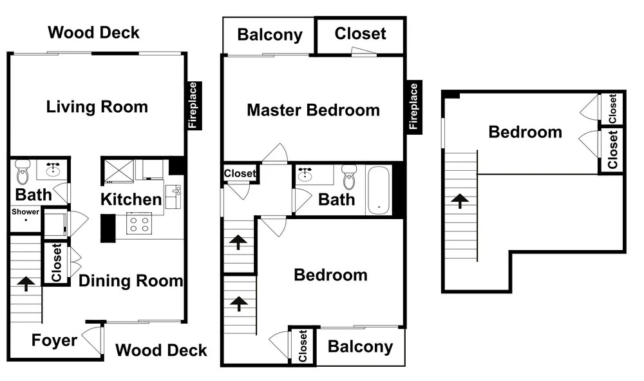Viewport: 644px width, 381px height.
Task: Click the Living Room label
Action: (97, 107)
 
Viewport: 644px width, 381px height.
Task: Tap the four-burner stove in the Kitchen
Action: (139, 223)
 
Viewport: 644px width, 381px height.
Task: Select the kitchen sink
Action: (173, 197)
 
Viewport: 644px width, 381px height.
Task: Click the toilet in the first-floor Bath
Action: (22, 171)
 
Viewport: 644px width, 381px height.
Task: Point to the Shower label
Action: (26, 211)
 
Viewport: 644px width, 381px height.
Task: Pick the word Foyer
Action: (54, 340)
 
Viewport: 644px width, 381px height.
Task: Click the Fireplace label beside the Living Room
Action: (193, 106)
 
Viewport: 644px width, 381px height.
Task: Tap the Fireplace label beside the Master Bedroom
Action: (413, 107)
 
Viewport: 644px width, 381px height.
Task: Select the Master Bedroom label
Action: (314, 110)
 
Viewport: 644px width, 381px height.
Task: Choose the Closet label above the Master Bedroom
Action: (360, 34)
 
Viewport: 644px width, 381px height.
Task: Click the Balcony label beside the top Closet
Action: (270, 35)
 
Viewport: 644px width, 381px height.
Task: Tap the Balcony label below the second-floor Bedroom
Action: (360, 347)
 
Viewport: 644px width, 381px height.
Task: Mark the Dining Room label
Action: (131, 280)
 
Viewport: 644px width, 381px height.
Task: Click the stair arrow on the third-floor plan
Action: (460, 201)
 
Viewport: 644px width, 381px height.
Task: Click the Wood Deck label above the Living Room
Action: (93, 32)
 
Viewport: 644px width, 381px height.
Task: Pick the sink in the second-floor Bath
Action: (305, 174)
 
